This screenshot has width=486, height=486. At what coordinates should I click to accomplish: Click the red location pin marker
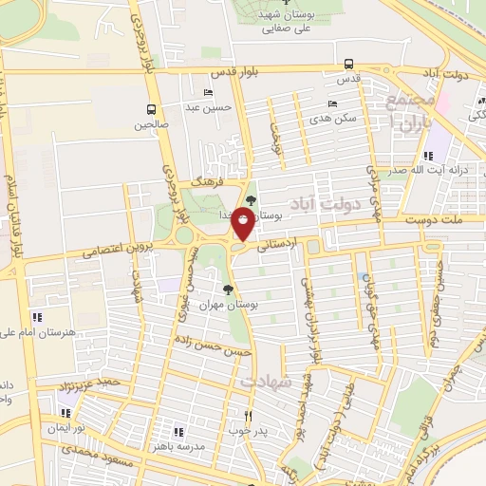tap(243, 225)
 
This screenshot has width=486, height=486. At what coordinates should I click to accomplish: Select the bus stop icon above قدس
tap(349, 65)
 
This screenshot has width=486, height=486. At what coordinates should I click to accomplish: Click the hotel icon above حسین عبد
tap(208, 93)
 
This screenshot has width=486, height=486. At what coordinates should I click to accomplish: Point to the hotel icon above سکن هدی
tap(331, 104)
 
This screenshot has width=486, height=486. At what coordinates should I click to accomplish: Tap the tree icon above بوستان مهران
tap(227, 290)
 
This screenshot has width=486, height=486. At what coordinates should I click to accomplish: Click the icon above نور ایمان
tap(65, 413)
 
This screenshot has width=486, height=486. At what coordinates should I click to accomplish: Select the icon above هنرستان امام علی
tap(36, 316)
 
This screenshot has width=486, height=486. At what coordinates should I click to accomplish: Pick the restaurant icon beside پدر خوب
tap(249, 415)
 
